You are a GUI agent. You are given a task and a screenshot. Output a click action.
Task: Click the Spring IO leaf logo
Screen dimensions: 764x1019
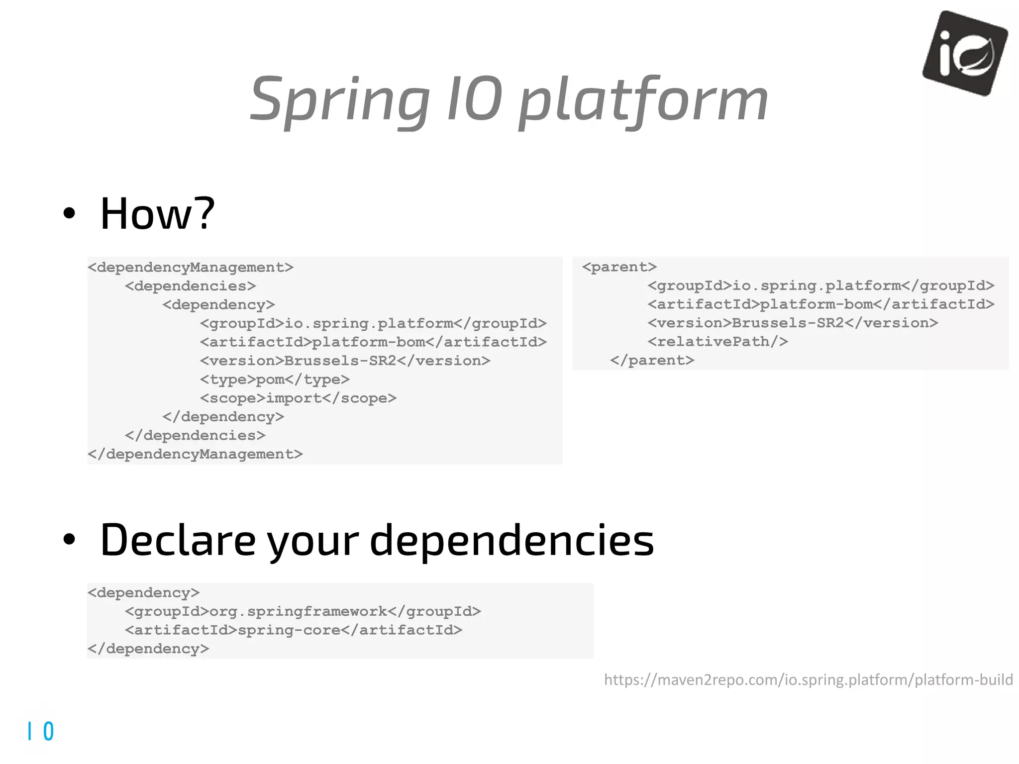coord(965,53)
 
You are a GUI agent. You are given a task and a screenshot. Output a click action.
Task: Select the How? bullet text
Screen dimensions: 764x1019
coord(157,214)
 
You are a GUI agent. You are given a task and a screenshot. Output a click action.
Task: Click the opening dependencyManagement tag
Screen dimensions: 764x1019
coord(191,268)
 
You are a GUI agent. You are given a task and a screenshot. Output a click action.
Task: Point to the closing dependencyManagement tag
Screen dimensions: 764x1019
coord(195,454)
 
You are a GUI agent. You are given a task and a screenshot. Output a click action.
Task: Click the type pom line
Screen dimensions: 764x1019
coord(275,380)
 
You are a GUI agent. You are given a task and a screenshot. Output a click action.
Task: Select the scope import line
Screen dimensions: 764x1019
coord(298,398)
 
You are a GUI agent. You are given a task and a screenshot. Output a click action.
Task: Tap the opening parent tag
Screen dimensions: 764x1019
coord(619,267)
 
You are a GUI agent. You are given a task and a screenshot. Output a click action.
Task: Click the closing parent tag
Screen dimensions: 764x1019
coord(652,360)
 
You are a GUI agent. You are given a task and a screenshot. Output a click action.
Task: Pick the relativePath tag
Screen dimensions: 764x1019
coord(717,342)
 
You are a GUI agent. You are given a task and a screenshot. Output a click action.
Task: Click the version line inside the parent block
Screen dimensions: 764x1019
coord(792,323)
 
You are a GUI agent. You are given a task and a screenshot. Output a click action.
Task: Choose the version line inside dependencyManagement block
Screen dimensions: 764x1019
coord(345,361)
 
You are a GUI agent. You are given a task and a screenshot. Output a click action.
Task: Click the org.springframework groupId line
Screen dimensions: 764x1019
coord(303,611)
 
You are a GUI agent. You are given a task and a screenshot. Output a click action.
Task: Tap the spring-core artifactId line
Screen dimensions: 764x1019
coord(294,630)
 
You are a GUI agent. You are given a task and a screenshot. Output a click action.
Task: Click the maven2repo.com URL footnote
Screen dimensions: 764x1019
coord(808,679)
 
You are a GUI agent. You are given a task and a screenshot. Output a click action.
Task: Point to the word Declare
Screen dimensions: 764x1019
coord(178,541)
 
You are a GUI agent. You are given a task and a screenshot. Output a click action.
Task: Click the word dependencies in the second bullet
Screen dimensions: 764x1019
coord(511,541)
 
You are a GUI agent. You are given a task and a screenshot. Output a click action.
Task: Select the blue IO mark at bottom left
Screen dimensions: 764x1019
coord(41,731)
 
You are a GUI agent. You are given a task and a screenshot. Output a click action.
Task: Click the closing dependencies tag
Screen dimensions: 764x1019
coord(195,436)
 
